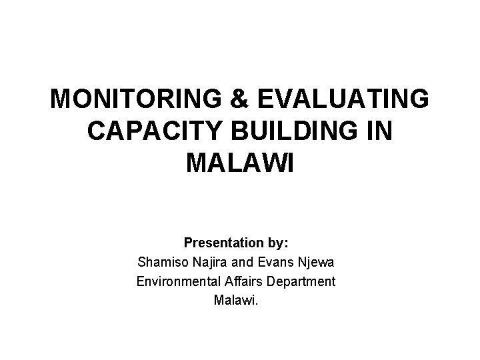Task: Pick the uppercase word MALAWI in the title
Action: tap(240, 163)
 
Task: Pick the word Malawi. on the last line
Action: tap(235, 301)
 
